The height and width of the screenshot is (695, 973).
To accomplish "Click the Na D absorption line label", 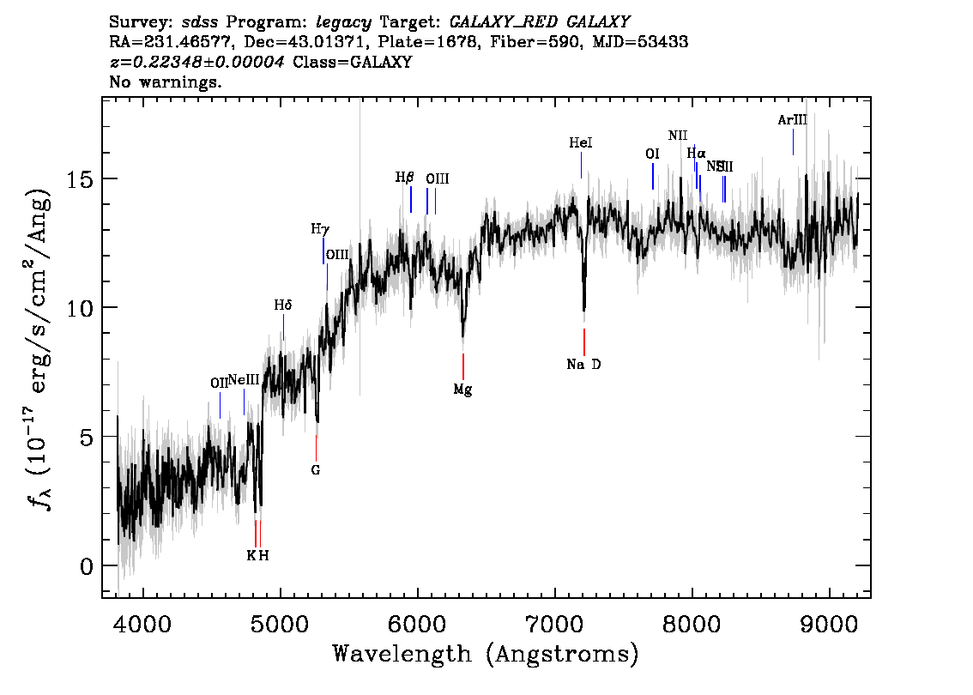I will (583, 365).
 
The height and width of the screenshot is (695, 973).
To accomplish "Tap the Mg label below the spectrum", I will (462, 390).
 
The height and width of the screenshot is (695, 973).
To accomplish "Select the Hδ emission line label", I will (283, 305).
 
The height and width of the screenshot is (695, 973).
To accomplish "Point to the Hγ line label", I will (320, 229).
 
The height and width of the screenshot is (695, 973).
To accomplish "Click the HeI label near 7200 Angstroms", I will (581, 142).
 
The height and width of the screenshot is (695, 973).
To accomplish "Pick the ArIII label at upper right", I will (792, 120).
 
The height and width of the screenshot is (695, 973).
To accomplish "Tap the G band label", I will (315, 470).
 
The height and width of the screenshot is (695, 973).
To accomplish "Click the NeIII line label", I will (244, 380).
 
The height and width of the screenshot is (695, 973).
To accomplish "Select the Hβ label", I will (405, 178).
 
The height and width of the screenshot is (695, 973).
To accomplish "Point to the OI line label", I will (652, 154).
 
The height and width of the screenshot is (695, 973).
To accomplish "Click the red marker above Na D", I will (584, 341).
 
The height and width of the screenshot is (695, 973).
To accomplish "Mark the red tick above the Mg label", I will (463, 366).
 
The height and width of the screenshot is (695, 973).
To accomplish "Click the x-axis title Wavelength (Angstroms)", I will (486, 655).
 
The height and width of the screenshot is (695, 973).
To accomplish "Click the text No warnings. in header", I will (166, 82).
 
